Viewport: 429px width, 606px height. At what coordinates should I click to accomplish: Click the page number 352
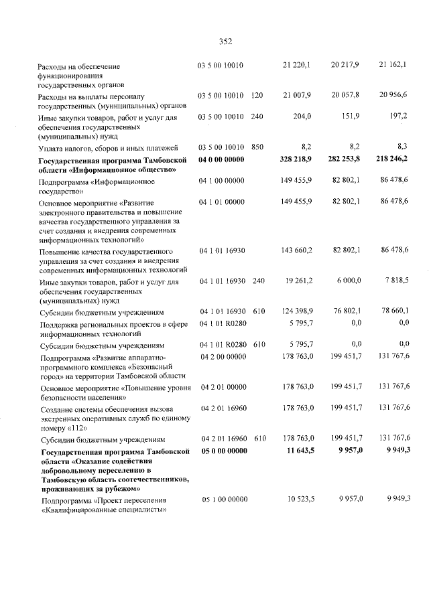pyautogui.click(x=225, y=42)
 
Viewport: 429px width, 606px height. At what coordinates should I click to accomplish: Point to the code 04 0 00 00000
pyautogui.click(x=223, y=159)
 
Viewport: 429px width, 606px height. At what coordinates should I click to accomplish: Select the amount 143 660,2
pyautogui.click(x=296, y=250)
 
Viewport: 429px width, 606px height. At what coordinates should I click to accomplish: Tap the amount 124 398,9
pyautogui.click(x=296, y=312)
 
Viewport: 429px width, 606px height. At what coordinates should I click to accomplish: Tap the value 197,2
pyautogui.click(x=398, y=116)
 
